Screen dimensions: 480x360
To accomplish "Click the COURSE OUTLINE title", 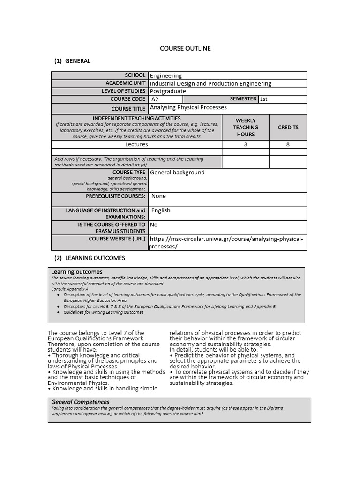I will coord(185,48).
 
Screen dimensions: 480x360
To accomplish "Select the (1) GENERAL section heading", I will coord(72,61).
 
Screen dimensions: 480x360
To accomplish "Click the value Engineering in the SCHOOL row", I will coord(166,75).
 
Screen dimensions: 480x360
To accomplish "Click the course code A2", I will coord(155,99).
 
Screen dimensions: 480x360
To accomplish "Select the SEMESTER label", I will coord(243,99).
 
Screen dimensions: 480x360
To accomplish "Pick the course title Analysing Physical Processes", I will coord(188,107).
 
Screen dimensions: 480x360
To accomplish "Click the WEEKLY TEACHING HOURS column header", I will coord(246,127).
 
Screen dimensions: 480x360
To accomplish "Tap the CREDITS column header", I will coord(288,127).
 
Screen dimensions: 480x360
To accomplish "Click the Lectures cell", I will coord(136,144).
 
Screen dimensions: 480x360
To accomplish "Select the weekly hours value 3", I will coord(246,144).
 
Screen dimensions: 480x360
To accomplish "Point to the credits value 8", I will coord(288,144).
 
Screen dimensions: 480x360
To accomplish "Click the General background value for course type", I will coord(177,172).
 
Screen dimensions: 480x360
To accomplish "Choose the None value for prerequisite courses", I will coord(158,196).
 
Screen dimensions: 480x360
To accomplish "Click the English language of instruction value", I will coord(161,210).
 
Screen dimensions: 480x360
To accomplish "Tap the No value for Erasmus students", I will coord(154,225).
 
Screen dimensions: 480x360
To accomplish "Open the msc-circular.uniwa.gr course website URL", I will coord(226,240).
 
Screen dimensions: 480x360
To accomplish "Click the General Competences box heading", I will coord(80,402).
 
